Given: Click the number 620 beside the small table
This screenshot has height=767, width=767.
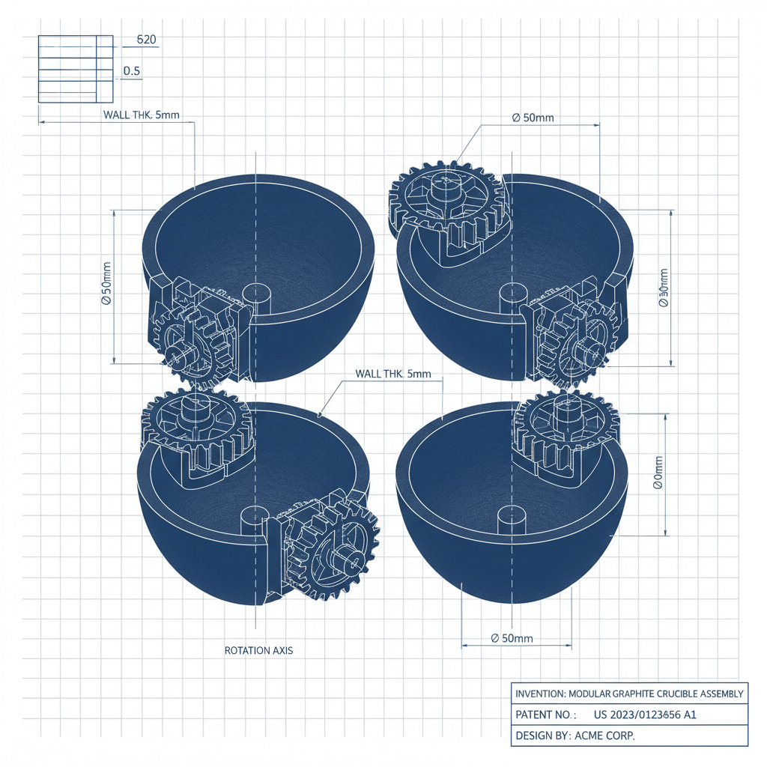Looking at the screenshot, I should click(x=147, y=40).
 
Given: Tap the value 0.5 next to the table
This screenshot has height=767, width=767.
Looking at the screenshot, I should click(x=132, y=71).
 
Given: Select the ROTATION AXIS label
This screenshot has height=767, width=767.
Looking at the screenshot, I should click(x=258, y=650).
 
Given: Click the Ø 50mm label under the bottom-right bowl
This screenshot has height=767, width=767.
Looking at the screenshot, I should click(x=512, y=638).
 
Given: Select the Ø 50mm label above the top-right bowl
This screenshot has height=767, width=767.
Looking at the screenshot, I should click(x=533, y=118).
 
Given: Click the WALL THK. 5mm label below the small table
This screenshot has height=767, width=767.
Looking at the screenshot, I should click(x=141, y=115).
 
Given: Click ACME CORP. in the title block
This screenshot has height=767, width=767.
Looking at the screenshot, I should click(x=604, y=736).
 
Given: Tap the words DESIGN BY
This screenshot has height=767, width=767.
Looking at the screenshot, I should click(x=542, y=736).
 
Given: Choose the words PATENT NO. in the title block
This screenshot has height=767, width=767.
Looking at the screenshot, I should click(x=545, y=715).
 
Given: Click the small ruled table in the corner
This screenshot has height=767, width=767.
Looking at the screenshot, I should click(x=75, y=69).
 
